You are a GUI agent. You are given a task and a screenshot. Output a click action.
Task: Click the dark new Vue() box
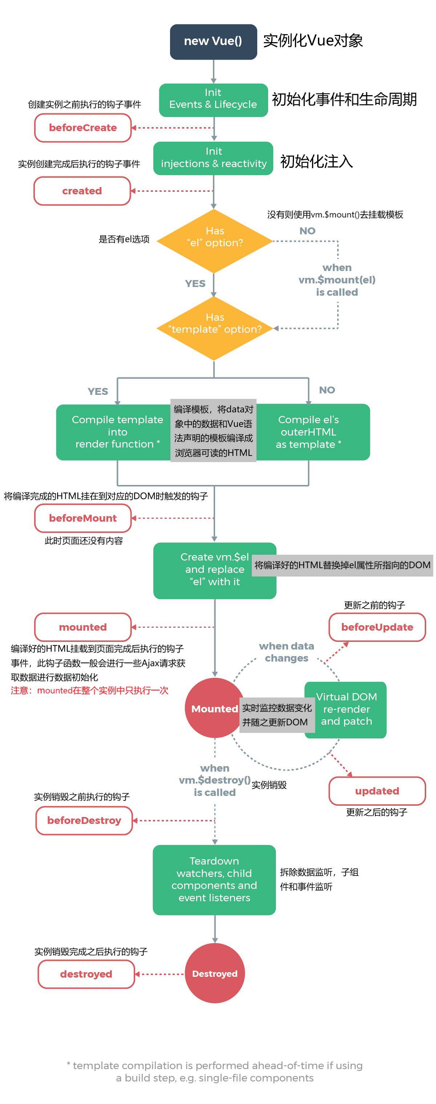point(213,41)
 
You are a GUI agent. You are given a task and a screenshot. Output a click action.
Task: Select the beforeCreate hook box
point(83,128)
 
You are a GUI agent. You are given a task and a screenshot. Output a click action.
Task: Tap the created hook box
point(82,191)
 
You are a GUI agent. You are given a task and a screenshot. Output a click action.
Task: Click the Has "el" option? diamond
point(214,241)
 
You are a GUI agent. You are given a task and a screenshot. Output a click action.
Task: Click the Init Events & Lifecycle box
point(213,100)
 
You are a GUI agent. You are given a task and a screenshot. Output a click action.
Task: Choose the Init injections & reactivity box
point(213,158)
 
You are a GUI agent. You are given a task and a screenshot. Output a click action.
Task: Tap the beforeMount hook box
point(83,518)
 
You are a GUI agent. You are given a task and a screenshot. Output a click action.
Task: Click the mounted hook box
point(83,627)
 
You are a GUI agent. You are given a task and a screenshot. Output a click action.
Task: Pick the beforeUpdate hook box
point(377,627)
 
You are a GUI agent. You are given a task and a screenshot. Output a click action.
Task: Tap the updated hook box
point(377,791)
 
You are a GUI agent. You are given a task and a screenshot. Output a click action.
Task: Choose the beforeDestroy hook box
point(84,820)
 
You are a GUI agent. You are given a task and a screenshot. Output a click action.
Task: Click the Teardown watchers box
point(214,879)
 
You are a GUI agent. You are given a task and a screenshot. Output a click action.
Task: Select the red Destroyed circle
point(214,974)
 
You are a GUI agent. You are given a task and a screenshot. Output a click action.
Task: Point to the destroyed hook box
point(86,974)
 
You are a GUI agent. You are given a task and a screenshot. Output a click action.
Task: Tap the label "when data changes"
point(286,652)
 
